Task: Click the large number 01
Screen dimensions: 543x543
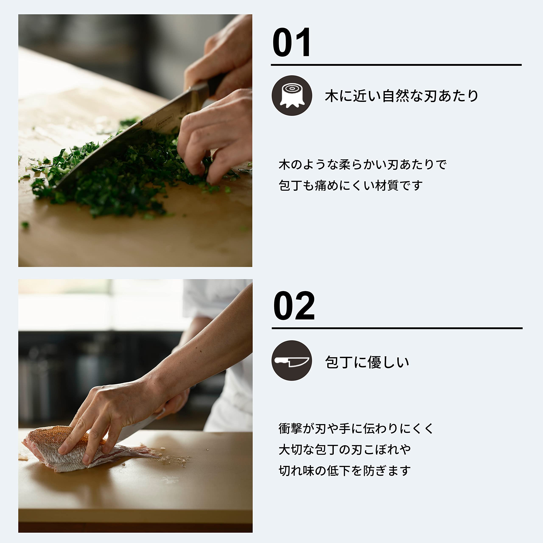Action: click(291, 42)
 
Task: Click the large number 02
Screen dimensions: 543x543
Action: click(294, 306)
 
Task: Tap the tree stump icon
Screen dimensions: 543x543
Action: click(292, 96)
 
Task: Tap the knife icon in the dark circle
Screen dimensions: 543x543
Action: click(292, 361)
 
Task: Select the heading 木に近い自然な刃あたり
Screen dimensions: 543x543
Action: click(401, 96)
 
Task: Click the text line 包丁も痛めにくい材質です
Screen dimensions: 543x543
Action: click(350, 186)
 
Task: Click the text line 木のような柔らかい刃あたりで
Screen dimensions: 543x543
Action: click(362, 164)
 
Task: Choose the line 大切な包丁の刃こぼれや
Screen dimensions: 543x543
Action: click(345, 449)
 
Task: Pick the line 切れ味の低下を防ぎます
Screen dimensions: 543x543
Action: click(345, 470)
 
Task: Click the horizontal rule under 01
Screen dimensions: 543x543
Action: click(396, 65)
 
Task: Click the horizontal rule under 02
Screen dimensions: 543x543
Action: click(397, 328)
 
